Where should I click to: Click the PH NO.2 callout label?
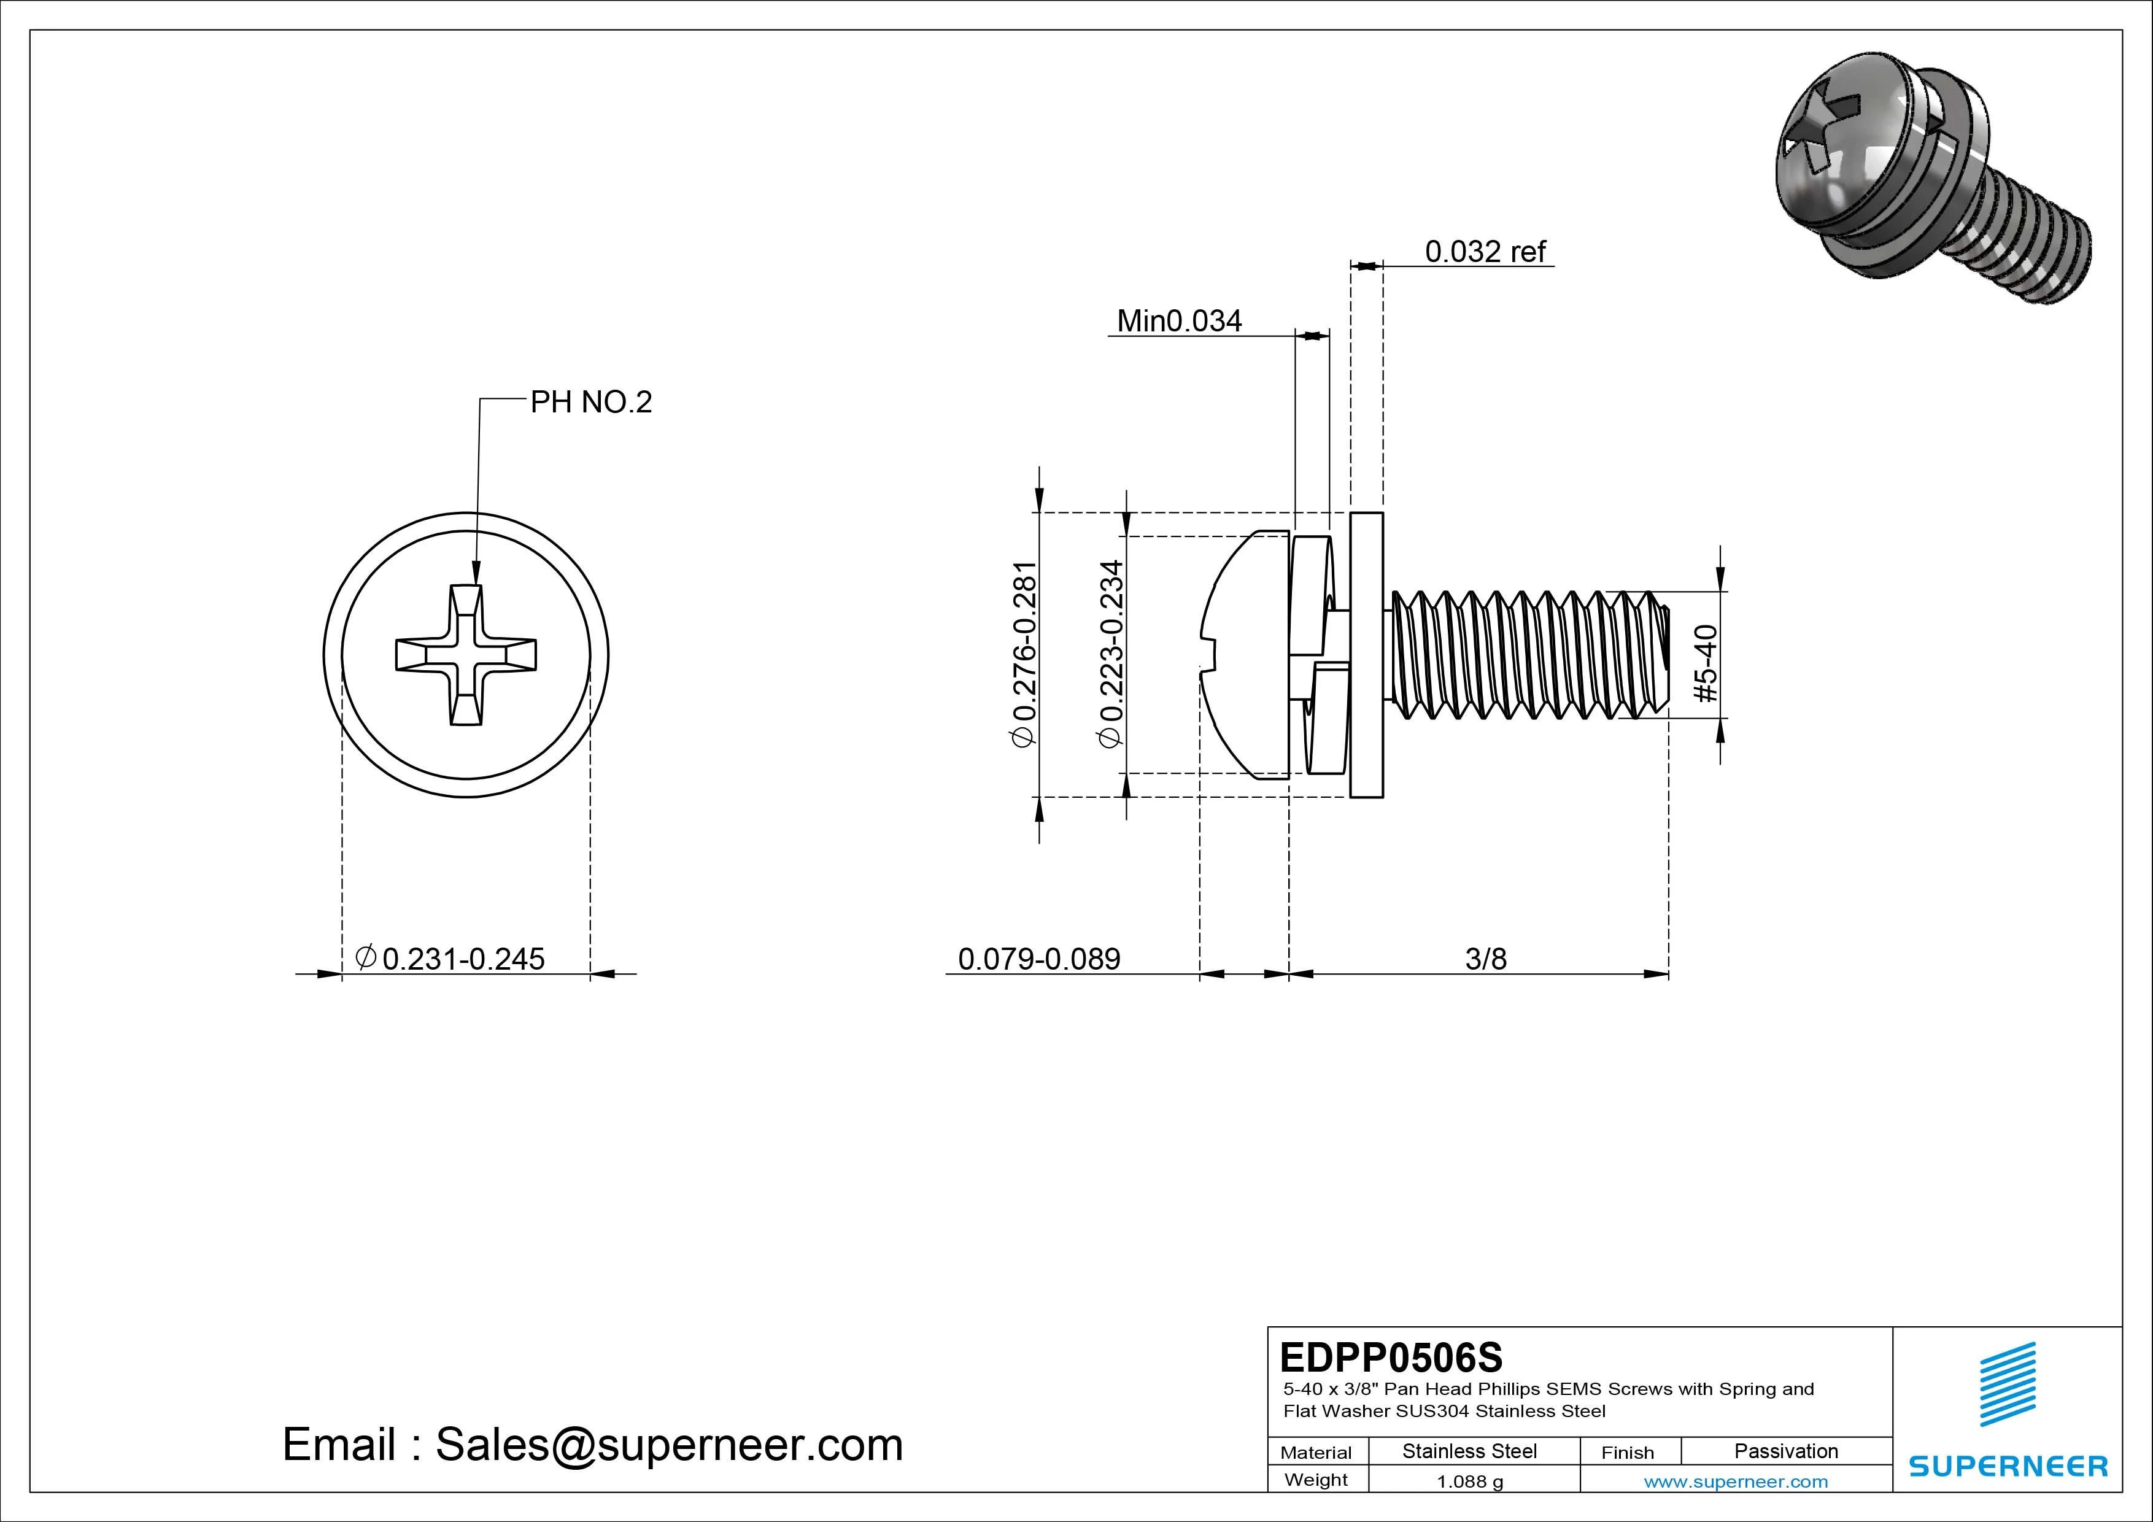(x=591, y=403)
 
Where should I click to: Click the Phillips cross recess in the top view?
(x=466, y=655)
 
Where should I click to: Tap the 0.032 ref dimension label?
(x=1485, y=252)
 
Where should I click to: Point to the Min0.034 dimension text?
(x=1179, y=321)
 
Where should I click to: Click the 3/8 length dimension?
(x=1485, y=959)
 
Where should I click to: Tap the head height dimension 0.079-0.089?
(x=1039, y=959)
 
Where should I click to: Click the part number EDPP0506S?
(x=1391, y=1357)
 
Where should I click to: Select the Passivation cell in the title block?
(x=1785, y=1451)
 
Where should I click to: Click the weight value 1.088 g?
(x=1469, y=1481)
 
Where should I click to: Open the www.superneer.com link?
(x=1736, y=1481)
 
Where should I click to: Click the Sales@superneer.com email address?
(x=668, y=1444)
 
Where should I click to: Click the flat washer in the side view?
(x=1366, y=655)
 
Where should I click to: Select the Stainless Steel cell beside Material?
(x=1469, y=1451)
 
